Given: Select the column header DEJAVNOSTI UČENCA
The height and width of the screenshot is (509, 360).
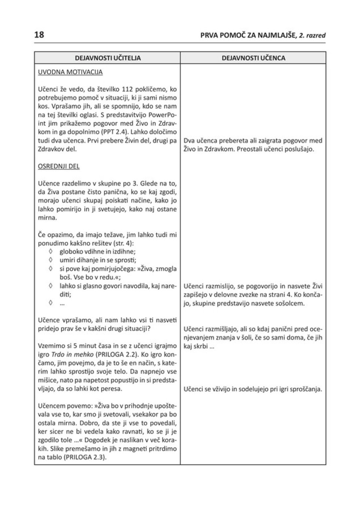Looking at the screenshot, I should (x=253, y=58).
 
